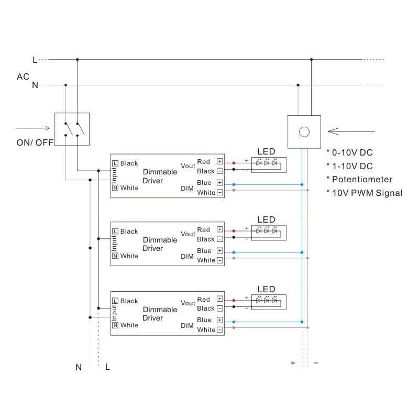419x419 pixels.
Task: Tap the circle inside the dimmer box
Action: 304,131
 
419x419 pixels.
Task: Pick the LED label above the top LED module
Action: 266,152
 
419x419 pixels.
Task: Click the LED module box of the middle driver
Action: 269,231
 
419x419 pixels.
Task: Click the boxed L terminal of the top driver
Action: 115,163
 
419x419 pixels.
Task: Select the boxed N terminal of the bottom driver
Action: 115,325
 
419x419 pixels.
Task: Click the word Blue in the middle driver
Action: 204,251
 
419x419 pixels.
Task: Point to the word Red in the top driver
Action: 204,161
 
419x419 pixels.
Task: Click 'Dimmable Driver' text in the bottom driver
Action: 160,314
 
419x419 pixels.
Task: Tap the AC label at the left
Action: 23,76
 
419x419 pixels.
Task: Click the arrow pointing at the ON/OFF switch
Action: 32,128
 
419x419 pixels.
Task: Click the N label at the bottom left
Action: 79,367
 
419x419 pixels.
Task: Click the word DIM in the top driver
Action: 187,188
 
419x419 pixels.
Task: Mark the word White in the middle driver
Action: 129,256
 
